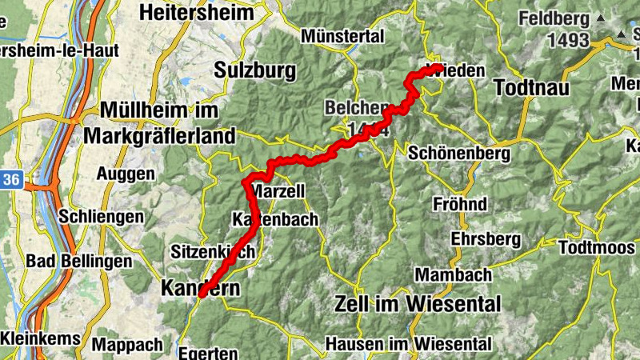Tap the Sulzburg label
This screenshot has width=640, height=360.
255,70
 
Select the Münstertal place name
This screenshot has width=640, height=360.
343,36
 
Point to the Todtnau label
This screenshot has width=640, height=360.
531,87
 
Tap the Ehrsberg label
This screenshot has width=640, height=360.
486,239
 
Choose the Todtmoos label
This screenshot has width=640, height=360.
597,246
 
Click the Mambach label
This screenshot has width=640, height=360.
454,274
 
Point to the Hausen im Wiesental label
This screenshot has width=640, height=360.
409,344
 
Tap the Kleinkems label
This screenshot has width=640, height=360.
40,338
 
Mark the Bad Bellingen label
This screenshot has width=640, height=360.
78,261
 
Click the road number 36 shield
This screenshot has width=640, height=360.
10,180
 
